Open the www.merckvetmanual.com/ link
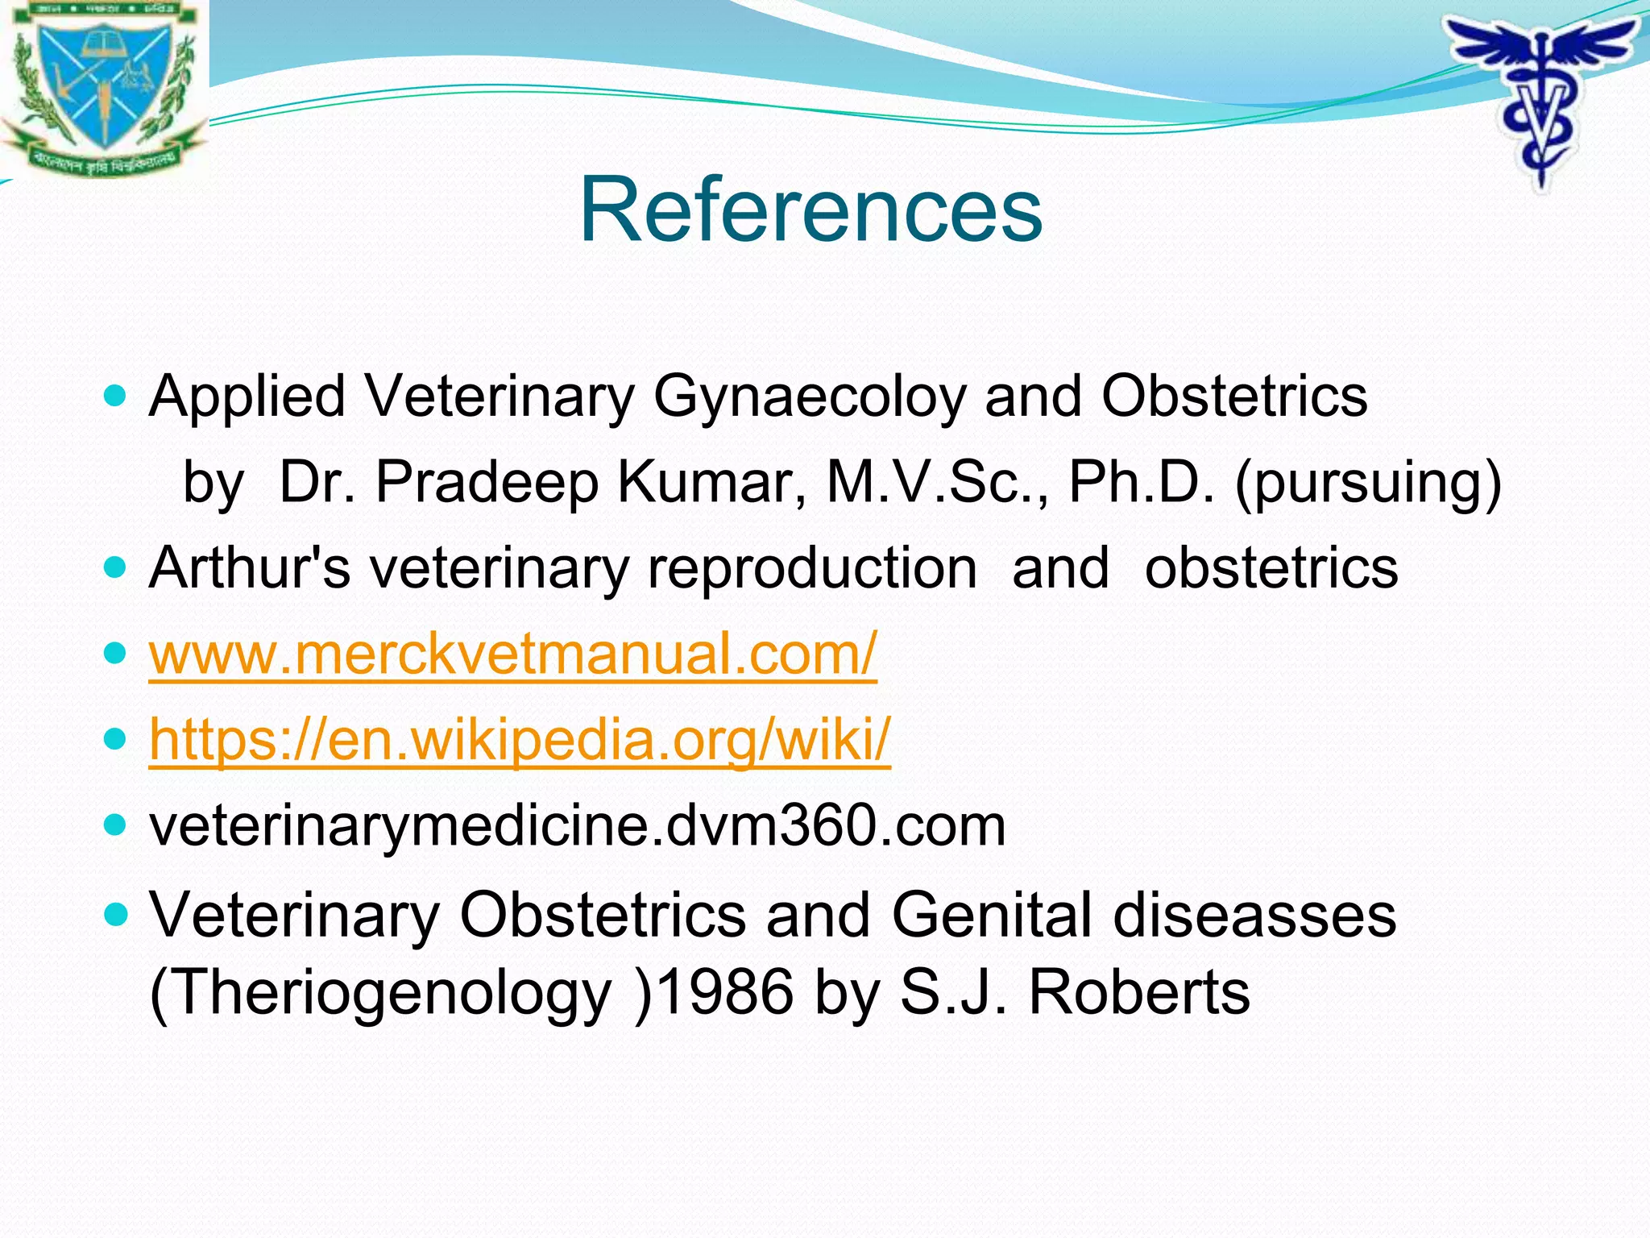coord(512,654)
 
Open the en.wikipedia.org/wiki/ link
coord(520,739)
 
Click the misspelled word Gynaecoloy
coord(808,397)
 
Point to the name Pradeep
coord(487,482)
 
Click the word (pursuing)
coord(1368,482)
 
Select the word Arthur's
coord(250,567)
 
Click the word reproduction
coord(812,567)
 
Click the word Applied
coord(247,397)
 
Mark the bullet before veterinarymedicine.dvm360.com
coord(116,825)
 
